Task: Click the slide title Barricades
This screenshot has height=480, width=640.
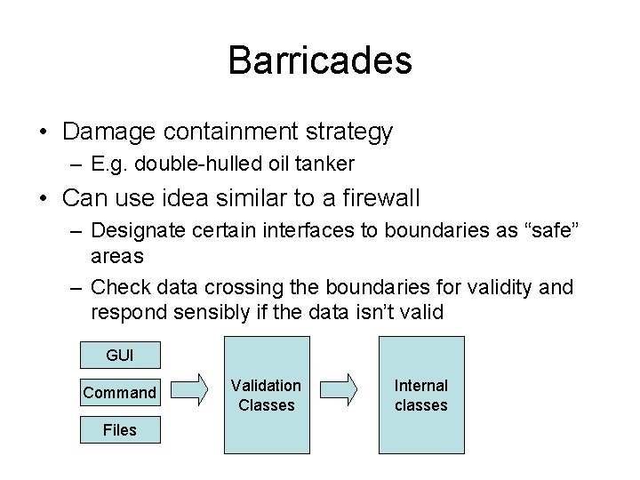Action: point(320,60)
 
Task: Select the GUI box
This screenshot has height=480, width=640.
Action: point(119,356)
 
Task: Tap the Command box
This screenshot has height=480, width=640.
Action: point(119,392)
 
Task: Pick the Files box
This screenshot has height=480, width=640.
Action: point(119,430)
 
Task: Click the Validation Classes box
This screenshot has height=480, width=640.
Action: point(267,395)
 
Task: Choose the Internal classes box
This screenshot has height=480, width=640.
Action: point(421,395)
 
